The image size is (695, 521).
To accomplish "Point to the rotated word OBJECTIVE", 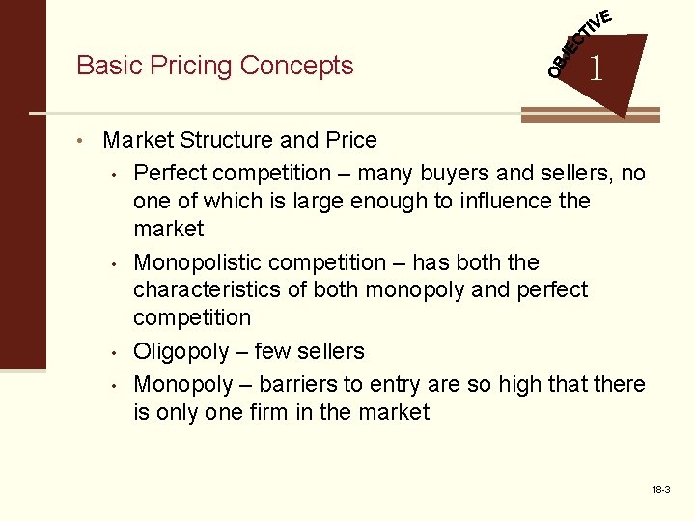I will (578, 44).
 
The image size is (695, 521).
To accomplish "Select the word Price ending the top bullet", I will (350, 141).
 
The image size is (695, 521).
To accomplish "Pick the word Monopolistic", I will (197, 263).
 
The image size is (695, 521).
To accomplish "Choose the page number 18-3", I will (661, 491).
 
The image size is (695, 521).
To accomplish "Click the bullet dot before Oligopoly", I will (115, 352).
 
